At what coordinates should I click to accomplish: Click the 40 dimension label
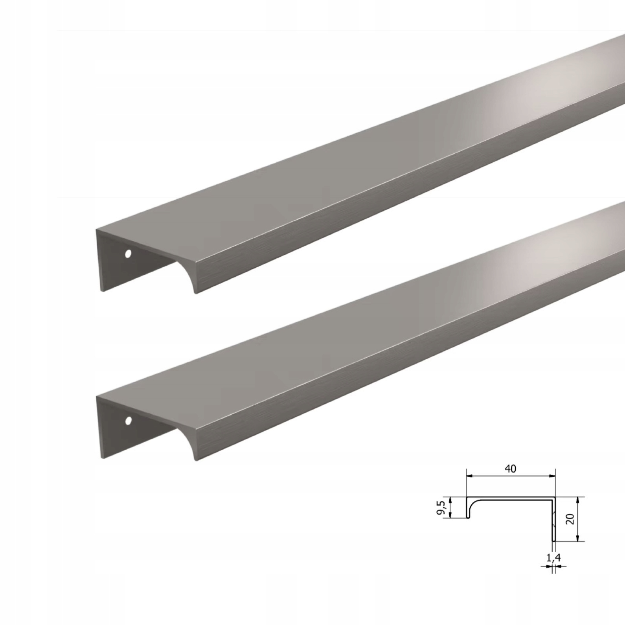point(510,469)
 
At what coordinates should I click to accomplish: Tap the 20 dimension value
point(571,519)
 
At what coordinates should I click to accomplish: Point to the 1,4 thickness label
point(552,557)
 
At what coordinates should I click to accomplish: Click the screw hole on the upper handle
point(128,254)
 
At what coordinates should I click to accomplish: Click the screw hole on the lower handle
point(128,421)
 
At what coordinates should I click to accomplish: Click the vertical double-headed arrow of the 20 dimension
point(577,519)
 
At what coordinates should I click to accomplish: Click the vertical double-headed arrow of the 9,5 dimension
point(450,507)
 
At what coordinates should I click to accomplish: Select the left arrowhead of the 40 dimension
point(469,476)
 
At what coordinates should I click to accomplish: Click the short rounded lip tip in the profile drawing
point(468,517)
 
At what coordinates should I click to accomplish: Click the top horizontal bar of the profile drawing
point(511,498)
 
